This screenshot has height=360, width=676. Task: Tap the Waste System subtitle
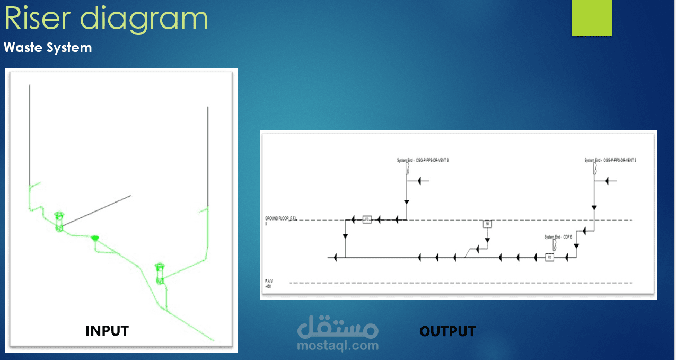tap(48, 48)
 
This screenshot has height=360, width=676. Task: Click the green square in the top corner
tap(591, 17)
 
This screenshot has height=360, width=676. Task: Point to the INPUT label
tap(107, 331)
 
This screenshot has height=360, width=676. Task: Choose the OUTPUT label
tap(447, 331)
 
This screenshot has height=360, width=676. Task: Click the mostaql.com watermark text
tap(338, 346)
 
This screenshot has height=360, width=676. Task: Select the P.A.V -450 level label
tap(269, 283)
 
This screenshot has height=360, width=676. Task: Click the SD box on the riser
tap(487, 224)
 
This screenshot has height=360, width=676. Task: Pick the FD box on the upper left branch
tap(366, 219)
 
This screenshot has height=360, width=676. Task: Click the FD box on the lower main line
tap(550, 258)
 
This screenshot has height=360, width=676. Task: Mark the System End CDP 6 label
tap(558, 237)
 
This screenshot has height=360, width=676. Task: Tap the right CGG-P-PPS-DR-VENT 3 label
tap(610, 160)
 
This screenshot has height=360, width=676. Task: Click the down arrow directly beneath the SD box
tap(487, 240)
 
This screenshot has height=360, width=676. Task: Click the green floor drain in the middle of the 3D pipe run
tap(95, 238)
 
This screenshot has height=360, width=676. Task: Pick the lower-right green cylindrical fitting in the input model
tap(159, 272)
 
